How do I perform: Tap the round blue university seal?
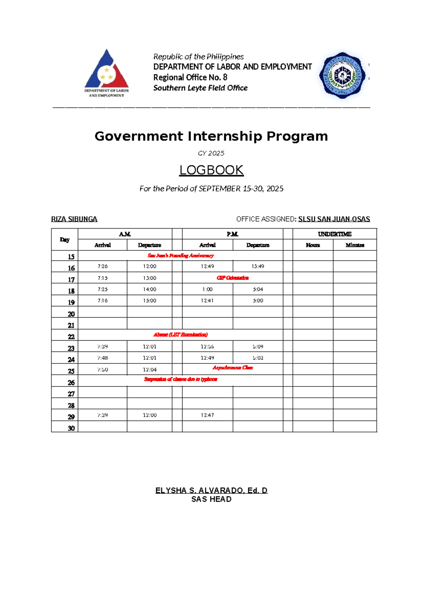(x=342, y=75)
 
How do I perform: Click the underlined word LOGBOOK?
(x=211, y=170)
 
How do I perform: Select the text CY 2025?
(x=211, y=153)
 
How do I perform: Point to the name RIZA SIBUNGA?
(x=74, y=219)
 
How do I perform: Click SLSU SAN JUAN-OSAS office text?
(x=334, y=219)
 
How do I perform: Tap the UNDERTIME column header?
(x=335, y=234)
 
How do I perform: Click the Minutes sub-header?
(x=355, y=245)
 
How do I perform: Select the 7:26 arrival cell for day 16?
(x=103, y=267)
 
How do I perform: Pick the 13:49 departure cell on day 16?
(x=258, y=267)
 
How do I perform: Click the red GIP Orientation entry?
(x=233, y=278)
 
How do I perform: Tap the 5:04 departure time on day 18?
(x=258, y=289)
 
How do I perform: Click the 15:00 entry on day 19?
(x=149, y=301)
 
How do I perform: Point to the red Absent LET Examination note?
(x=180, y=335)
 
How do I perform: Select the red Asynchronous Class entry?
(x=233, y=368)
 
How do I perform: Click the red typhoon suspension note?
(x=180, y=379)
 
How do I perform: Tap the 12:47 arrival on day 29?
(x=207, y=415)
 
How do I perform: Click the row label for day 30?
(x=71, y=428)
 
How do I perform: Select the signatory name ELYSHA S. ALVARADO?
(x=211, y=490)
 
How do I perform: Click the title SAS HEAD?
(x=211, y=499)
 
